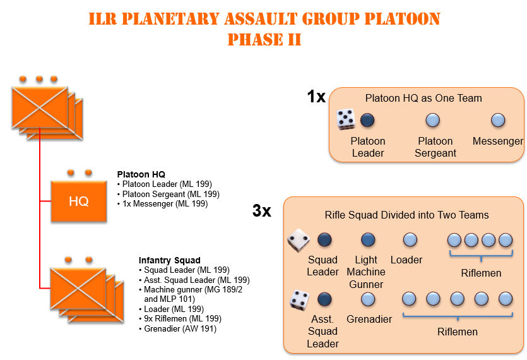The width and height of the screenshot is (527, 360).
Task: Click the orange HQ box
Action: [79, 201]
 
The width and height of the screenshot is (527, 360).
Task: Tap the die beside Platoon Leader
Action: [346, 119]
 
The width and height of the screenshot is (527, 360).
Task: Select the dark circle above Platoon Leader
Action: [367, 120]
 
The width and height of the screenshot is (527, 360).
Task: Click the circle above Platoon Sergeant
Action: [432, 120]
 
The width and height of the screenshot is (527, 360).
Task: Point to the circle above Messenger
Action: [498, 120]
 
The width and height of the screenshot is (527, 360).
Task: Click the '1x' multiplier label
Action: [316, 97]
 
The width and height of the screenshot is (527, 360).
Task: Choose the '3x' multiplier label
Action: [262, 210]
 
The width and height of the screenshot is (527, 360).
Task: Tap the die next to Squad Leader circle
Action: [299, 240]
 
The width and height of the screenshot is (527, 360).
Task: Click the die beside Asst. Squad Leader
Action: [299, 300]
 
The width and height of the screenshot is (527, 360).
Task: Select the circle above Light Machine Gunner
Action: [368, 240]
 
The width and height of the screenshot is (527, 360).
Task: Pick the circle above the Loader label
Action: [410, 240]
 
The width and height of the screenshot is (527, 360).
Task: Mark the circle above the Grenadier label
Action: [368, 299]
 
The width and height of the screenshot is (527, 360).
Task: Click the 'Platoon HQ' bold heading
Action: [141, 174]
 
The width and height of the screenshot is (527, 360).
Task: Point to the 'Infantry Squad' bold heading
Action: [169, 260]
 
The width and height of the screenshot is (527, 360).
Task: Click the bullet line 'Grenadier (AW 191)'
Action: [178, 328]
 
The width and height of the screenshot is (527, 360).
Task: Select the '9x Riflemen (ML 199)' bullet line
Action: [180, 318]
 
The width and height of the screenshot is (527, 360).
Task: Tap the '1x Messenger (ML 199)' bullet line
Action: [163, 203]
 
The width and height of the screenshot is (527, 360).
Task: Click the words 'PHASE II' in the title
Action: [264, 39]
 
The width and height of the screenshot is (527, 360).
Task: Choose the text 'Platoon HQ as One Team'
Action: [423, 98]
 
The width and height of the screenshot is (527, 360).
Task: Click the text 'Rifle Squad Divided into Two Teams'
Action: [406, 215]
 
